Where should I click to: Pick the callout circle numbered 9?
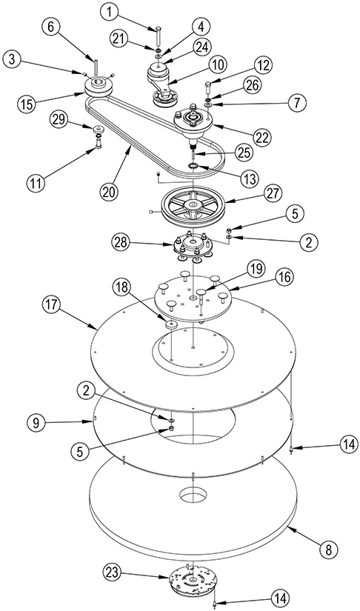(36, 422)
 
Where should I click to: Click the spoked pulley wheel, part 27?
(193, 206)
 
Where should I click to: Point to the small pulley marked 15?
(99, 87)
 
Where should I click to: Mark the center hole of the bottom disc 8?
(193, 495)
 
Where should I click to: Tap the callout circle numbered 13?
(250, 179)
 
